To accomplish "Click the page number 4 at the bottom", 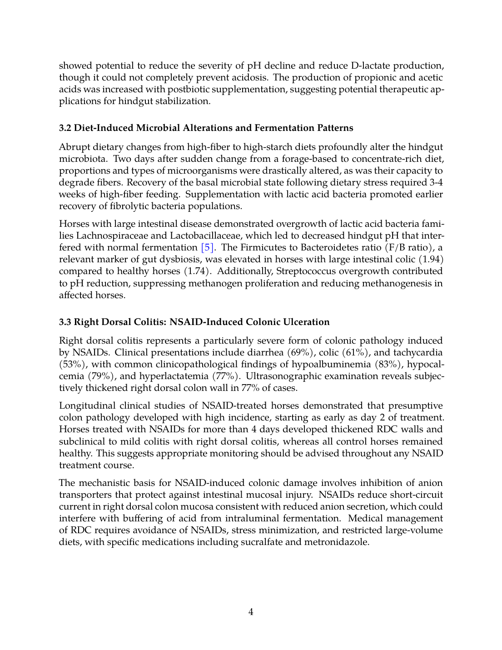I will [x=251, y=612].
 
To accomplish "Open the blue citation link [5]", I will [x=207, y=248].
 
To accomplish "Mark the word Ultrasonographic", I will [x=281, y=376].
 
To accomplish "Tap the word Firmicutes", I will [x=262, y=248].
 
